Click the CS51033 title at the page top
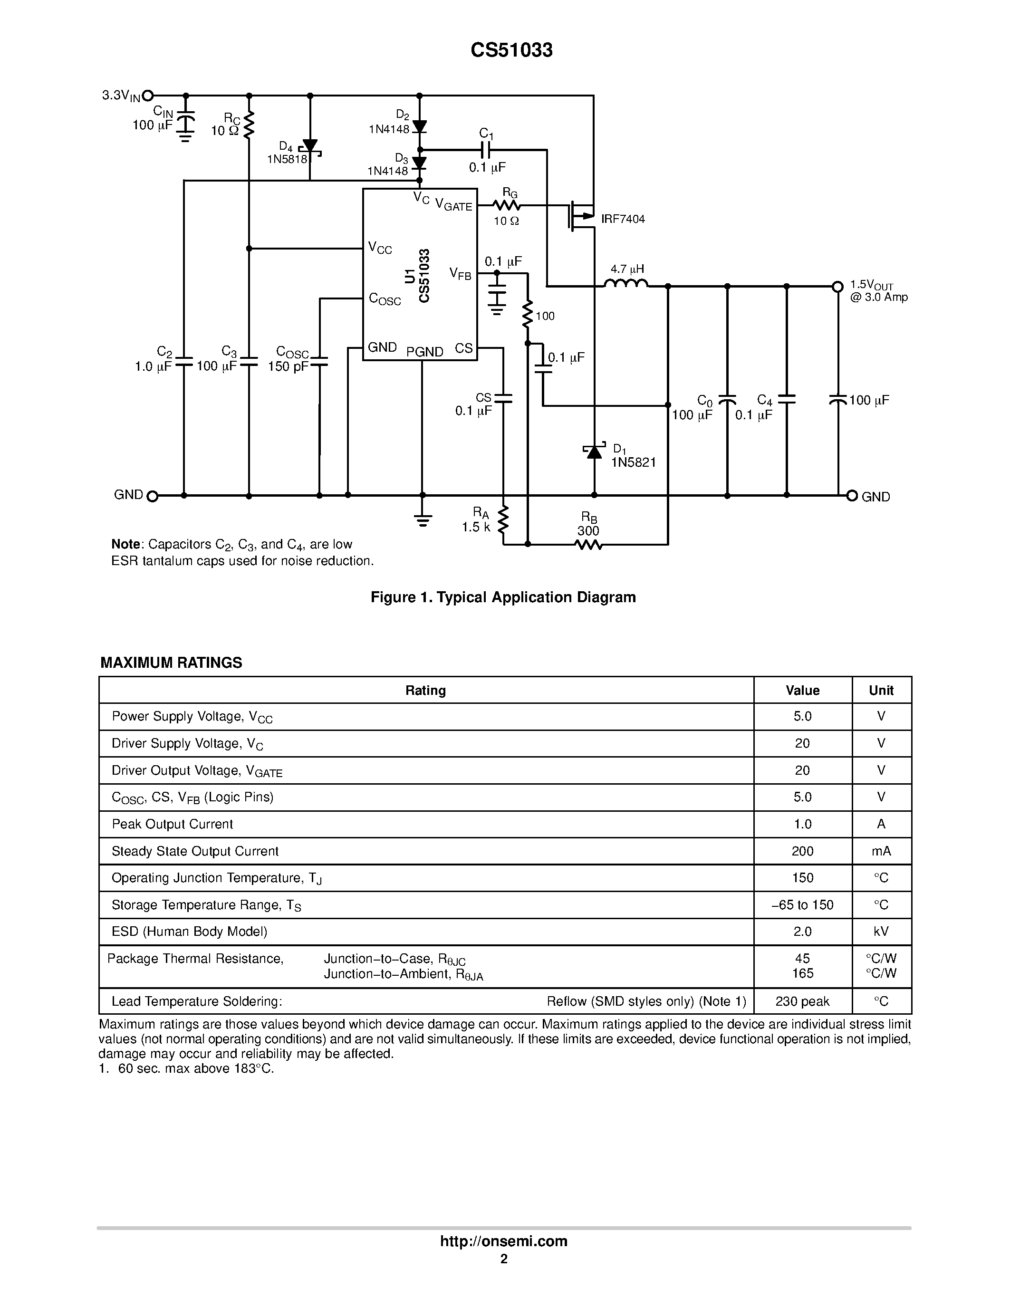coord(511,50)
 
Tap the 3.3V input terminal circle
coord(148,95)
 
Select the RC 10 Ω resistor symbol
coord(249,124)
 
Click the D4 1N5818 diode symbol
coord(310,146)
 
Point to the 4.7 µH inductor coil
coord(626,284)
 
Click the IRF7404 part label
coord(623,219)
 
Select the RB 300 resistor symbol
coord(588,545)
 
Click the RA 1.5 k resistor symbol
coord(503,519)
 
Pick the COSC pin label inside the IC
coord(384,298)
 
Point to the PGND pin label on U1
coord(425,352)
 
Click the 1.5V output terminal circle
coord(837,287)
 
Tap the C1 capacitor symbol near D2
coord(486,149)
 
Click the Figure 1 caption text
coord(503,597)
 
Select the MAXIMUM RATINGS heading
coord(171,663)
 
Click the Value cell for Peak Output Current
coord(802,824)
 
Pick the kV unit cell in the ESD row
coord(881,931)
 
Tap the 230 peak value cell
coord(802,1001)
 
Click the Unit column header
coord(881,690)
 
